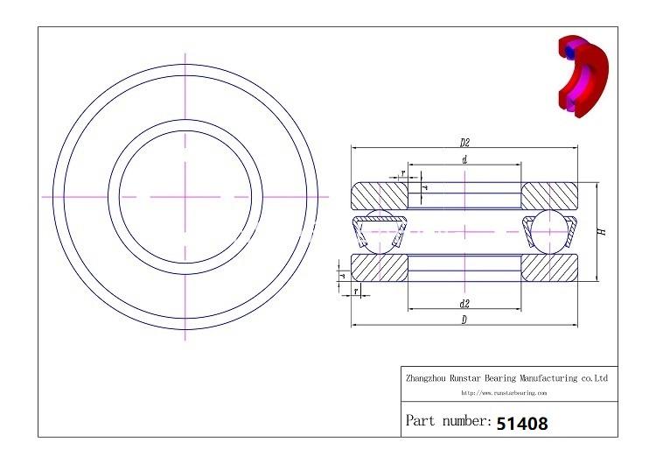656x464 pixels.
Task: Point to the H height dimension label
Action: [x=603, y=232]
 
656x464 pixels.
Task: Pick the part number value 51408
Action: [x=522, y=423]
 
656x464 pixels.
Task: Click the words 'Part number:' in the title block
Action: [x=449, y=422]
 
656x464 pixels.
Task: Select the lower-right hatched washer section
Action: [x=550, y=268]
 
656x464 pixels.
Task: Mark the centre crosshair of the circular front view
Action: [x=186, y=197]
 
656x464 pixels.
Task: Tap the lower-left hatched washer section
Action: [x=379, y=268]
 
